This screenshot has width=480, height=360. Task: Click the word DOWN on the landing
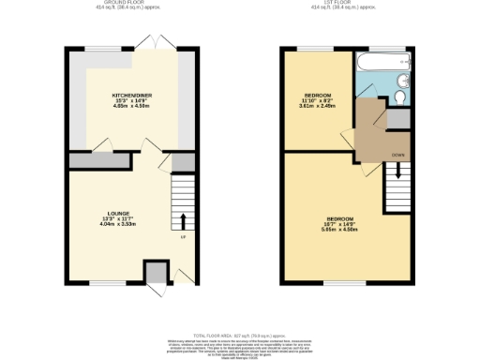(x=397, y=153)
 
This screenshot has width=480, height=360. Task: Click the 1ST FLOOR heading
(x=348, y=4)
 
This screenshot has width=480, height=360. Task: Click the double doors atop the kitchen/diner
(x=145, y=44)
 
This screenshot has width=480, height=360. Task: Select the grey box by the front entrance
(x=154, y=272)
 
